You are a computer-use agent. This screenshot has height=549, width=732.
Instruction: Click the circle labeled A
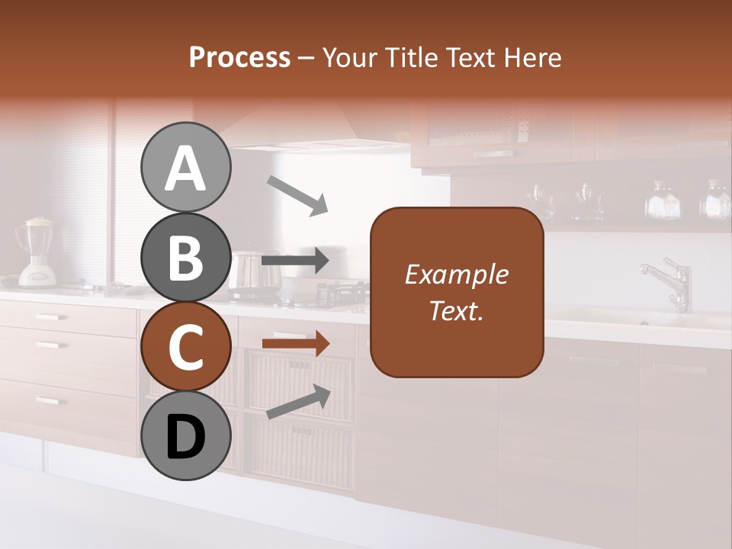point(185,167)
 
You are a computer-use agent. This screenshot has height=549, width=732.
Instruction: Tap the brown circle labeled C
point(185,346)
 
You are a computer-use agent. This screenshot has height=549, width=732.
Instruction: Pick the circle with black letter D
point(185,435)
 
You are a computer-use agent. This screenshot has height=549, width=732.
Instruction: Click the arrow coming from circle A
point(297,195)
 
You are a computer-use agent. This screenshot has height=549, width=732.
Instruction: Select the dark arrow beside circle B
point(295,261)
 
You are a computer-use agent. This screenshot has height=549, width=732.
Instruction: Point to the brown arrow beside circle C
point(295,344)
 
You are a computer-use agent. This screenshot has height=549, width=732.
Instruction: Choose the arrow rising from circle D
point(298,402)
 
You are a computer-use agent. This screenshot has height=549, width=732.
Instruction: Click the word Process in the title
point(239,58)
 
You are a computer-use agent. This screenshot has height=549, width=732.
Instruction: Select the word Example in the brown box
point(456,274)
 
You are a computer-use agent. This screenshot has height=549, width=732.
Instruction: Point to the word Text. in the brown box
point(456,310)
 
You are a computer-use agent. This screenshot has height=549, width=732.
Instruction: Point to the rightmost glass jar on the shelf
point(716,200)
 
